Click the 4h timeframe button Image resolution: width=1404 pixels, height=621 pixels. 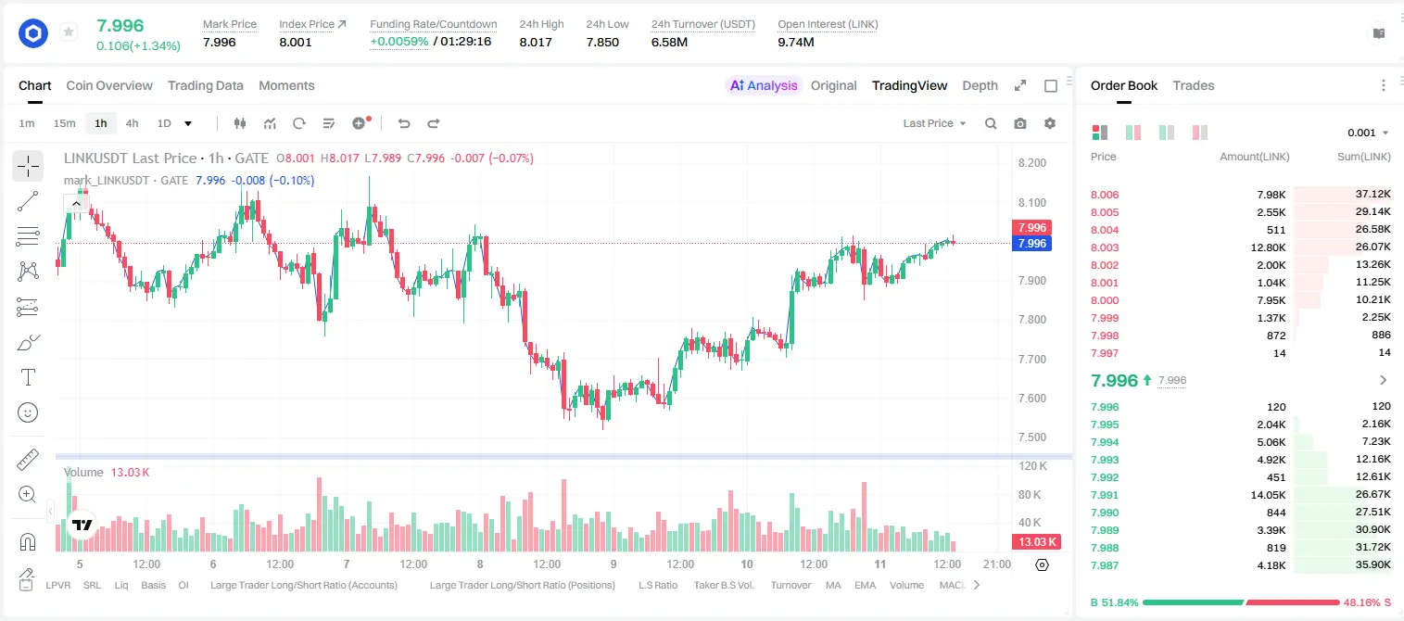point(132,123)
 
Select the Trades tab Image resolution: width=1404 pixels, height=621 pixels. point(1194,85)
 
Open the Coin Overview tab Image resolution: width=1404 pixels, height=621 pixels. point(109,85)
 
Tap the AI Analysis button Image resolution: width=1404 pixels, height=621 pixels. point(764,85)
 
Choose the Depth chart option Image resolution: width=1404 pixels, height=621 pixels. point(980,85)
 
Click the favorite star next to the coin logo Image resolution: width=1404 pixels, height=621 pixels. point(69,32)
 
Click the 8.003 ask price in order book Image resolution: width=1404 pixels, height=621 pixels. point(1105,247)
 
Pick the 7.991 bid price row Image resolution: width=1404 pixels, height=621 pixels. point(1105,495)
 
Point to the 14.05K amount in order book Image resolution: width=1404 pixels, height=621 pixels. point(1268,495)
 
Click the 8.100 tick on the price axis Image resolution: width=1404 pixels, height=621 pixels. point(1032,202)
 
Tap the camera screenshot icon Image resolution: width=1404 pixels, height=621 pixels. point(1020,123)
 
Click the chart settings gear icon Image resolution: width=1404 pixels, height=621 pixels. point(1050,123)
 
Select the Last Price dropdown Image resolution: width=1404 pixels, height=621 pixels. point(934,123)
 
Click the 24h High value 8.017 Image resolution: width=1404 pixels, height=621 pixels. point(536,42)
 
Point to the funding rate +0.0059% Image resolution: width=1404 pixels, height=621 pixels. point(398,42)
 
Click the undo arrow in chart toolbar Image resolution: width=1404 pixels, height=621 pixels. point(404,123)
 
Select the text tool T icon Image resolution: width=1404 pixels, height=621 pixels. point(28,377)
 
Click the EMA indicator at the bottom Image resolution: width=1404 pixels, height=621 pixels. point(865,585)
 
